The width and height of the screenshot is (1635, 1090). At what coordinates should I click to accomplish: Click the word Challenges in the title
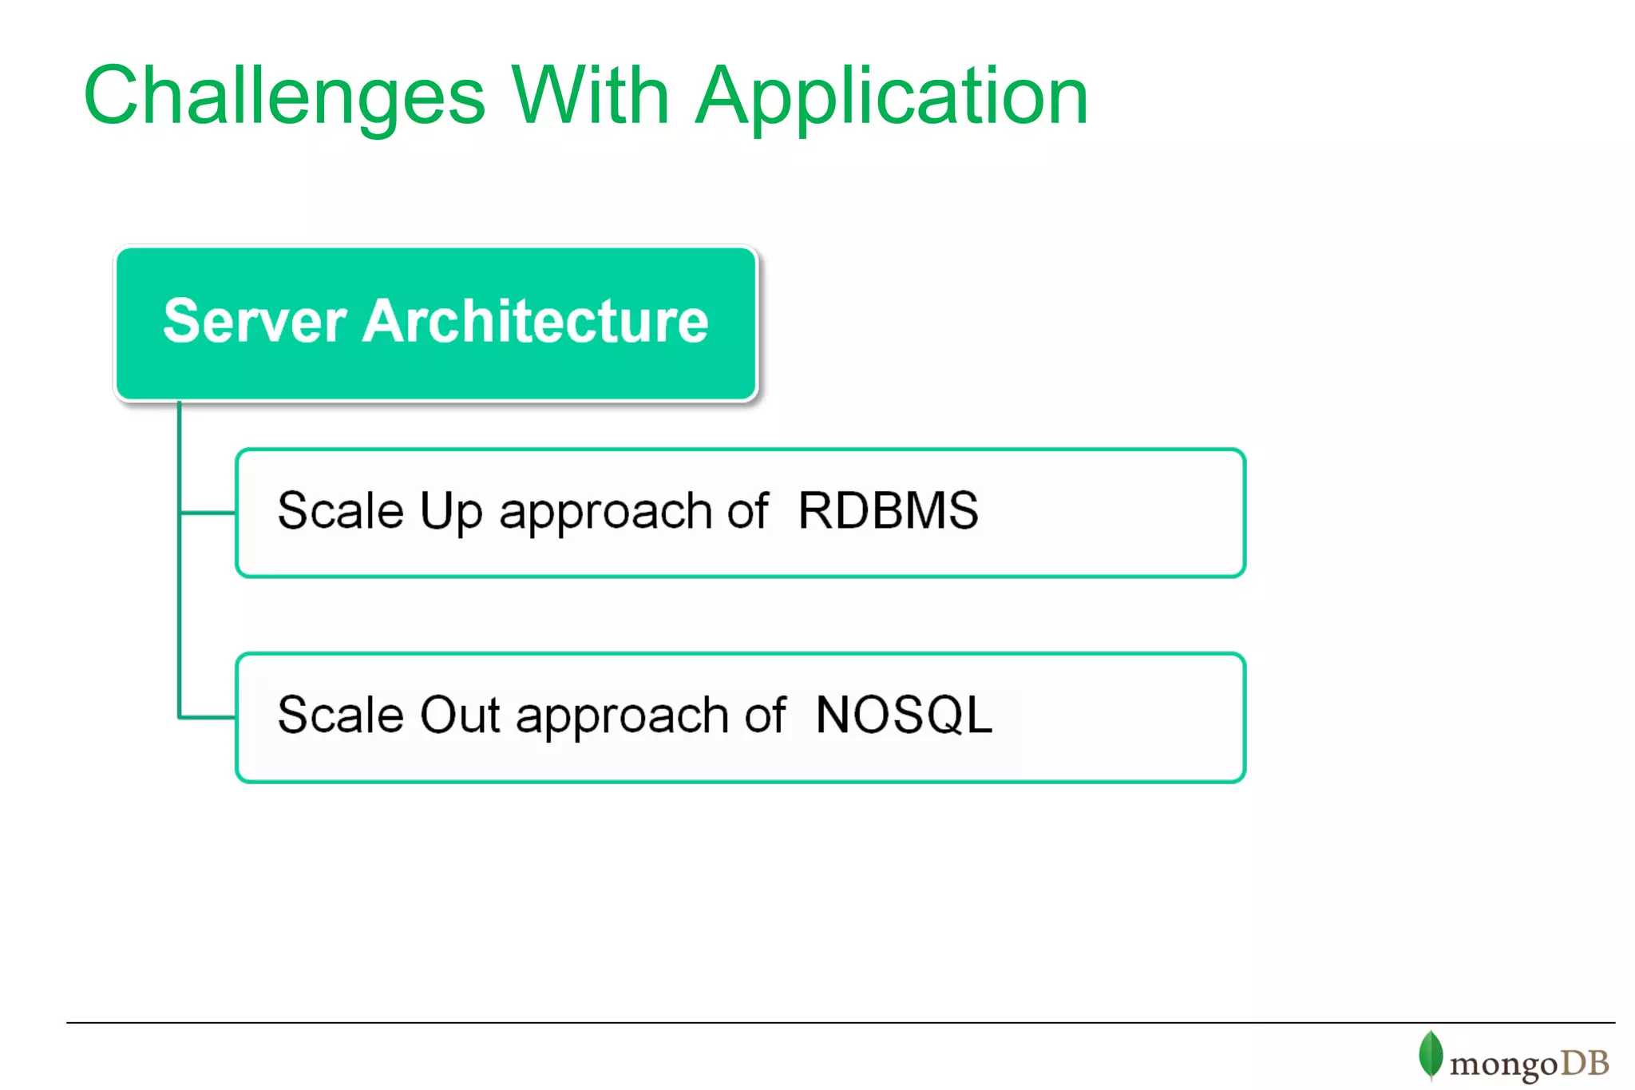(284, 97)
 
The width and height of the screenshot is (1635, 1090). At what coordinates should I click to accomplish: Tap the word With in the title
(590, 96)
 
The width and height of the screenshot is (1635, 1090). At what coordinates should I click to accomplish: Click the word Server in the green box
(255, 322)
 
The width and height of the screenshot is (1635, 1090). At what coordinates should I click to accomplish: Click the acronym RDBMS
(888, 510)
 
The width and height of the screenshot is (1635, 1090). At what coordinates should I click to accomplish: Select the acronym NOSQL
(904, 715)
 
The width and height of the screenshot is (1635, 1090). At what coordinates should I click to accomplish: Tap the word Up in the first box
(451, 512)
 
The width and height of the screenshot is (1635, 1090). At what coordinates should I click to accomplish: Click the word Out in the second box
(460, 715)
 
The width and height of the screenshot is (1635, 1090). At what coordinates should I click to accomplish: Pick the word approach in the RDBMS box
(605, 513)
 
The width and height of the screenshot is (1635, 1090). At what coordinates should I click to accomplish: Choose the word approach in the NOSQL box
(622, 718)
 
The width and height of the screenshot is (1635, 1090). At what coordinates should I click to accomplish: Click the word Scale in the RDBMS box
(341, 510)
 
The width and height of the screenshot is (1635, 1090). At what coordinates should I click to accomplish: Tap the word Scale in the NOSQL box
(341, 715)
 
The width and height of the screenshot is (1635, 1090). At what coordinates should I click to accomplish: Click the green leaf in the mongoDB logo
(1430, 1055)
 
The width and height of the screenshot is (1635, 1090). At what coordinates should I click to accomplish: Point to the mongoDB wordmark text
(1529, 1064)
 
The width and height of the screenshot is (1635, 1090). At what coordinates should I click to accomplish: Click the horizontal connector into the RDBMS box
(208, 513)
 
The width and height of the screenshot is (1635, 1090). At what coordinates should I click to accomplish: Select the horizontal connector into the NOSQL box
(208, 717)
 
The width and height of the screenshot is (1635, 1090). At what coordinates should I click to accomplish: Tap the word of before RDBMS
(748, 510)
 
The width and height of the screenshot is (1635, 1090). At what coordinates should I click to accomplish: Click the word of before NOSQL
(765, 715)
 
